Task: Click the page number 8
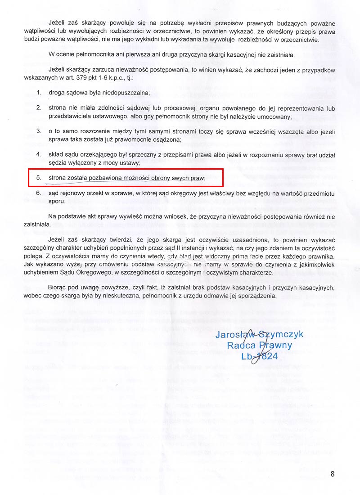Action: pos(332,474)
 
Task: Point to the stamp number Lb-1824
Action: pos(259,356)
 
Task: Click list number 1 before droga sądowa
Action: pos(39,93)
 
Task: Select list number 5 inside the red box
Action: pos(39,178)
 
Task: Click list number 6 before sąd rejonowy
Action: pos(39,193)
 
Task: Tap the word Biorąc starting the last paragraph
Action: pos(58,288)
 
